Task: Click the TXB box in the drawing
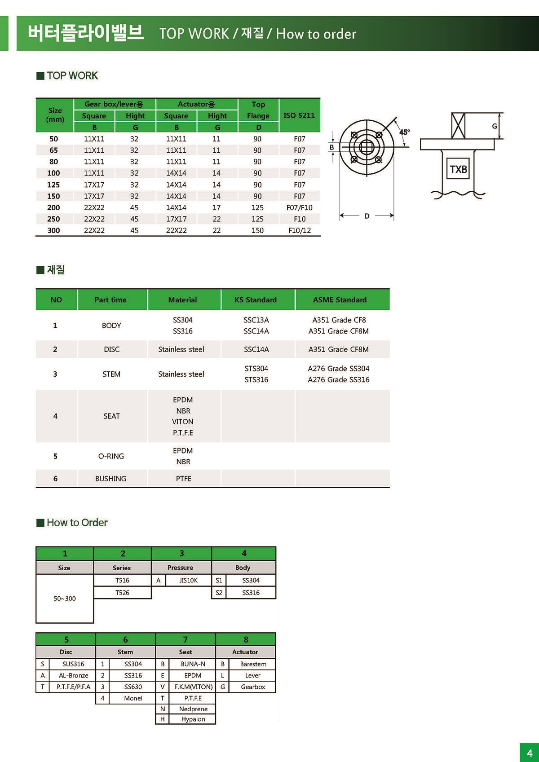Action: coord(458,169)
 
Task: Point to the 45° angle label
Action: coord(404,132)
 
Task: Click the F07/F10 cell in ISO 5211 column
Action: coord(299,207)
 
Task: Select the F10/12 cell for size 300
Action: coord(299,230)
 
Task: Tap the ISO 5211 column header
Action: coord(299,115)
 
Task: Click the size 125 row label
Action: coord(53,185)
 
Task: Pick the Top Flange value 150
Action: coord(257,230)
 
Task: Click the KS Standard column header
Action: coord(256,300)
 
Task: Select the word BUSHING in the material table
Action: coord(110,479)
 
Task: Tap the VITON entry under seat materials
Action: coord(183,422)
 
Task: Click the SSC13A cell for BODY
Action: coord(256,320)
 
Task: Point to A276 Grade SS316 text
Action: coord(339,379)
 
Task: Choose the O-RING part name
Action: coord(111,456)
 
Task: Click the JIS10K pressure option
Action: coord(188,580)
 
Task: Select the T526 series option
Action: coord(122,593)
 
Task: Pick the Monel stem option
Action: coord(133,698)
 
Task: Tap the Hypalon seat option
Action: coord(193,719)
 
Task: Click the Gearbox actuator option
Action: coord(253,687)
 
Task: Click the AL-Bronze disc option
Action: coord(73,675)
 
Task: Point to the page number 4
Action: coord(530,753)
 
